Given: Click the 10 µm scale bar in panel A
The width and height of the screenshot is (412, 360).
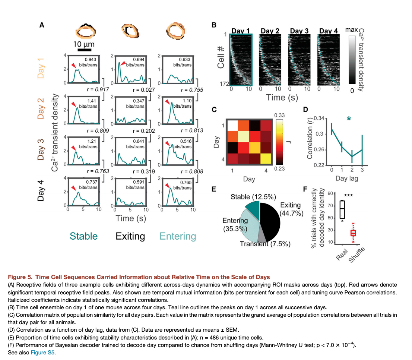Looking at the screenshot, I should pos(85,50).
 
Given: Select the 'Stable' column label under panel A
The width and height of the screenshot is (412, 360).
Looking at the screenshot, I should pos(84,236).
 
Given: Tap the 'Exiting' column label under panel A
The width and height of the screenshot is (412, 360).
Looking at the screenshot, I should pos(130,236).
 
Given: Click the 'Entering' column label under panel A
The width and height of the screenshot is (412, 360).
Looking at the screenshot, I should pos(178,236).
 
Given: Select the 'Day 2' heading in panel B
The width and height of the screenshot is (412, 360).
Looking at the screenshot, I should pos(270,31).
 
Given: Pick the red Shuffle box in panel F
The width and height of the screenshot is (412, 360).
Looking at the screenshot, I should pos(353,233).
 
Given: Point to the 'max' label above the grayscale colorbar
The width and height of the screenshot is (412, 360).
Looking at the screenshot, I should pos(351,29).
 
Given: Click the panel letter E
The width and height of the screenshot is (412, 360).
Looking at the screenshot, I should pos(214,189).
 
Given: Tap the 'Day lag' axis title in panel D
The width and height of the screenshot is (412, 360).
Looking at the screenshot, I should pos(346,179).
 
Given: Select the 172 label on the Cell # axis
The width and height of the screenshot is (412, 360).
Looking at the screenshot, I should pos(224,85).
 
